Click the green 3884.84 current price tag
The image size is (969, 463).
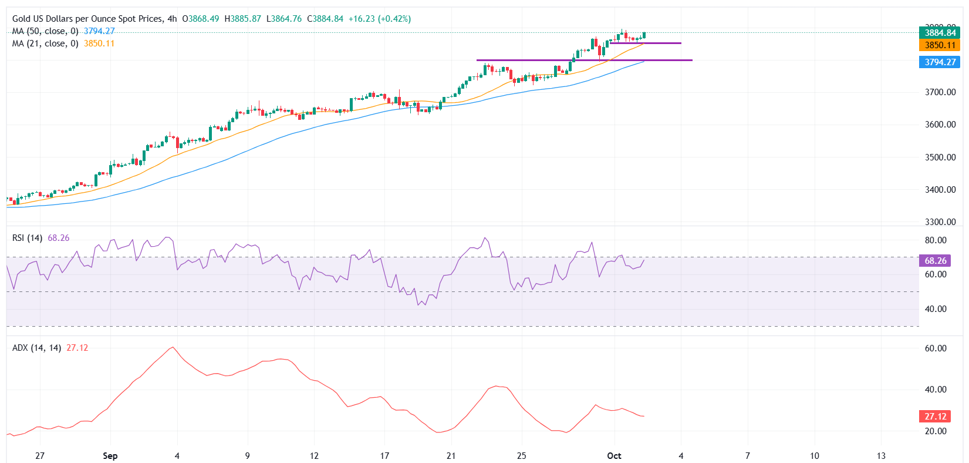click(x=940, y=33)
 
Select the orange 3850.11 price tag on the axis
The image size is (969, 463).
click(x=940, y=45)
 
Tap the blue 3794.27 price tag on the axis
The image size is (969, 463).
click(x=940, y=62)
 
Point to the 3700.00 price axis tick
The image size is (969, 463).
click(x=940, y=92)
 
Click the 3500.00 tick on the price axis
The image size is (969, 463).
click(x=940, y=157)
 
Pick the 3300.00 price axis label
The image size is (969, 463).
click(x=940, y=222)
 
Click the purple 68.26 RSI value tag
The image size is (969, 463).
click(x=936, y=260)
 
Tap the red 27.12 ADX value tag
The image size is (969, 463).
click(x=936, y=417)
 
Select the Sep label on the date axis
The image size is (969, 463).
click(x=110, y=456)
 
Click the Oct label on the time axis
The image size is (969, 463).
click(x=614, y=456)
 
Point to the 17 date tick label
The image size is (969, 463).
click(x=384, y=456)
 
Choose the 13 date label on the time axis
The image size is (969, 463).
click(x=881, y=456)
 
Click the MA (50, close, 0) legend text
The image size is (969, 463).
click(x=45, y=31)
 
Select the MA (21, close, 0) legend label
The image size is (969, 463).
click(x=45, y=43)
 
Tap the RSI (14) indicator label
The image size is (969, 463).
click(x=27, y=238)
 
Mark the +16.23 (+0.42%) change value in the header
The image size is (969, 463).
click(x=379, y=19)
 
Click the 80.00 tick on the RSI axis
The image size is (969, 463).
click(x=936, y=240)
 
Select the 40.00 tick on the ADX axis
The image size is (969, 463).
click(x=936, y=390)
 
